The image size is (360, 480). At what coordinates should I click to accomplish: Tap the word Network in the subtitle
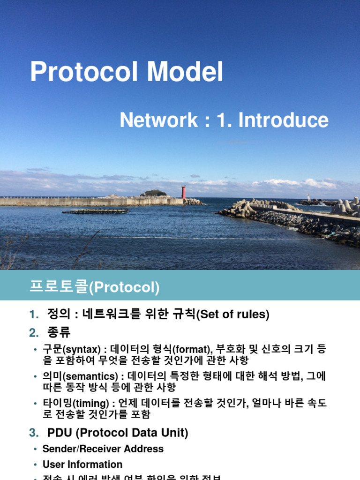click(x=158, y=120)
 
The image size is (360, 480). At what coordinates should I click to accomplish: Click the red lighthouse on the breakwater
click(x=183, y=192)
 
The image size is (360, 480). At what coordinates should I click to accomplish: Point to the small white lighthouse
click(x=308, y=198)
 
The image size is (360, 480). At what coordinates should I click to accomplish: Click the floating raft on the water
click(x=96, y=211)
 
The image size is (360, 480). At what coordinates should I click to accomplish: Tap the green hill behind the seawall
click(x=155, y=193)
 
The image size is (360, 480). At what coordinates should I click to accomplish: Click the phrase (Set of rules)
click(x=232, y=315)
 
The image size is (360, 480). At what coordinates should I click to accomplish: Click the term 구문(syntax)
click(x=71, y=350)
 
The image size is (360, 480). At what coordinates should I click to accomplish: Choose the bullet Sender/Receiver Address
click(x=103, y=449)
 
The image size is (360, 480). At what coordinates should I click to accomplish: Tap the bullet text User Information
click(x=82, y=465)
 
